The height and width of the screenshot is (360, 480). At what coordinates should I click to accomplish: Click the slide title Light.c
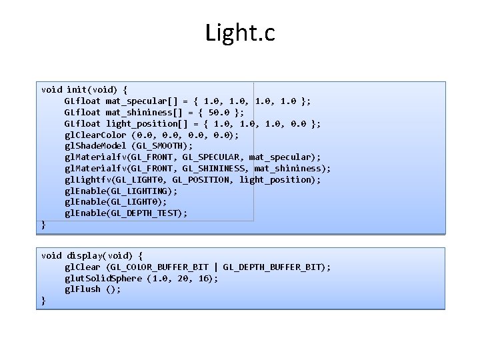click(x=240, y=33)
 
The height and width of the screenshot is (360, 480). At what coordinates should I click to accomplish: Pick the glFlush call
click(x=92, y=289)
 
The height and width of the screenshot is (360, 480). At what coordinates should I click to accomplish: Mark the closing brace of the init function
click(x=44, y=225)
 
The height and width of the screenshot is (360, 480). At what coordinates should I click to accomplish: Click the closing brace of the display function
click(x=44, y=301)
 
